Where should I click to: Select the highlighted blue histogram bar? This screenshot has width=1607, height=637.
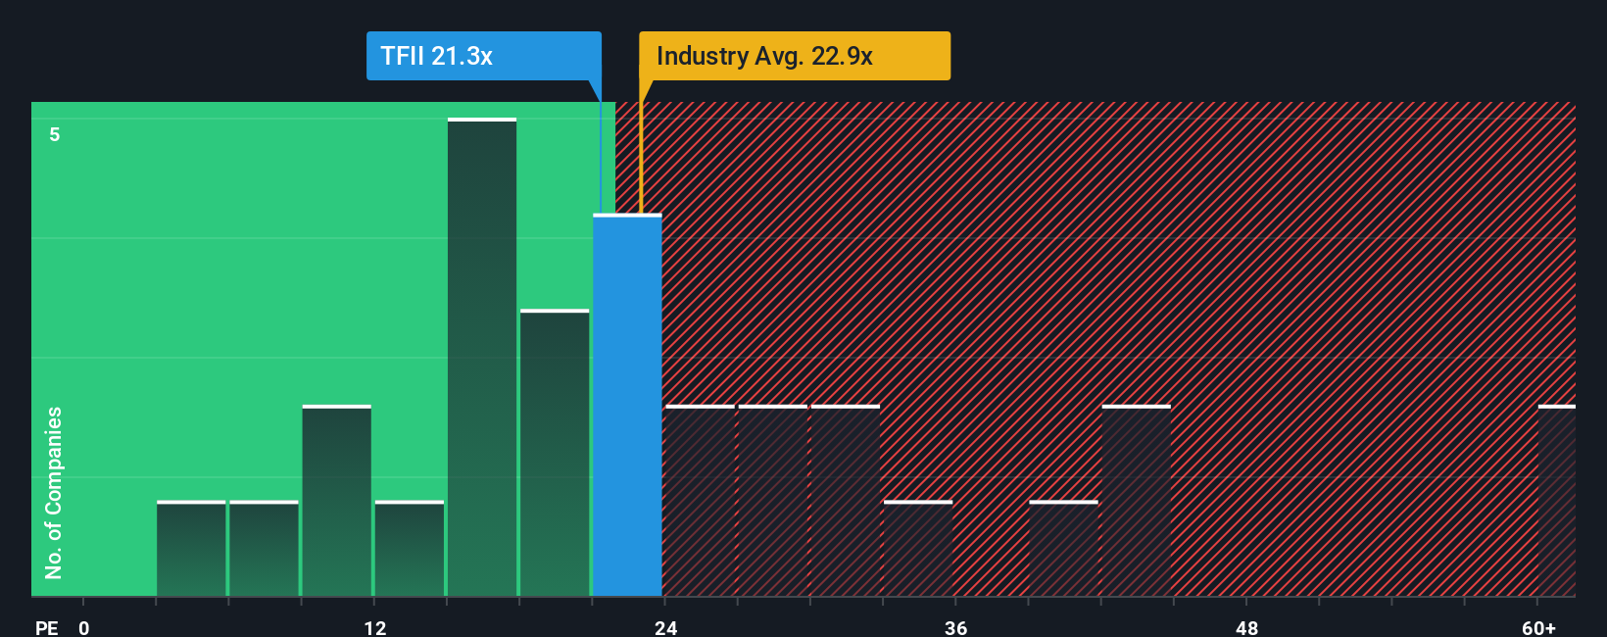click(x=627, y=405)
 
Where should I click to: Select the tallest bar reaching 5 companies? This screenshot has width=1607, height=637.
click(x=482, y=358)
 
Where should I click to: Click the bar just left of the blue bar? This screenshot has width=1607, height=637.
click(x=555, y=453)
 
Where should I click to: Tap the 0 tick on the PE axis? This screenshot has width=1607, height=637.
click(x=84, y=627)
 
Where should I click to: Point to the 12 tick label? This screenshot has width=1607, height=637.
click(x=375, y=627)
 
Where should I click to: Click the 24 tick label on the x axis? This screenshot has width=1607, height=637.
click(x=665, y=627)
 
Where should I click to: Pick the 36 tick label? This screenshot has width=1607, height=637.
click(x=956, y=627)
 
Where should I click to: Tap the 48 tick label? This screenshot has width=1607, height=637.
click(x=1246, y=627)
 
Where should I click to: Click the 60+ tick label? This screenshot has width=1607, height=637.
click(x=1538, y=627)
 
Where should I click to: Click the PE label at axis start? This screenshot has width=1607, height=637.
click(x=46, y=627)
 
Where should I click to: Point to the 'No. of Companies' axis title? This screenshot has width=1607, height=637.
click(x=54, y=492)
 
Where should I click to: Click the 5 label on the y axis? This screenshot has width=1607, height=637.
click(x=55, y=134)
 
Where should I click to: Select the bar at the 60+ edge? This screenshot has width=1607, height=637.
click(x=1557, y=501)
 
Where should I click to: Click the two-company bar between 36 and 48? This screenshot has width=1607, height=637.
click(x=1137, y=501)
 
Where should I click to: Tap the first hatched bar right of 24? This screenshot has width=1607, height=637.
click(x=700, y=501)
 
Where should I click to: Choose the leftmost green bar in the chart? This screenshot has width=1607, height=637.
click(x=191, y=549)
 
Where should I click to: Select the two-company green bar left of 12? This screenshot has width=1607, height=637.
click(x=336, y=501)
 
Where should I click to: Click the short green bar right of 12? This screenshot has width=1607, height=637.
click(x=410, y=549)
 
